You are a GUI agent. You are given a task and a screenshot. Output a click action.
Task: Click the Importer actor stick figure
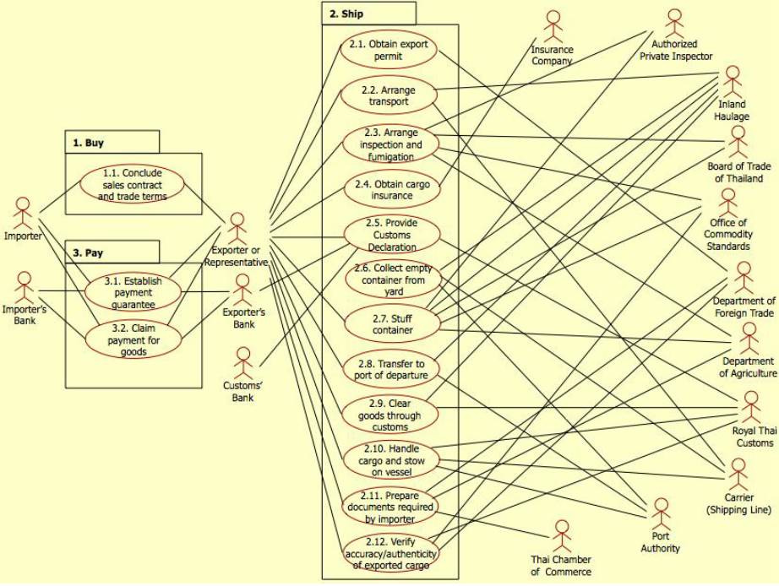coord(23,213)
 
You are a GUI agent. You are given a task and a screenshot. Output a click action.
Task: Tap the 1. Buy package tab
coord(112,142)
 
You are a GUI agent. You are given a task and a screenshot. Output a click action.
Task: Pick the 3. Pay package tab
coord(112,252)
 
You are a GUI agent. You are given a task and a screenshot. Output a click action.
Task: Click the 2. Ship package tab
coord(368,13)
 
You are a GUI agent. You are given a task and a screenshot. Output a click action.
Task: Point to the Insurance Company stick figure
coord(553,28)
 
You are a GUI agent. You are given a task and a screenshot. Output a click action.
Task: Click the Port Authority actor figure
coord(661,514)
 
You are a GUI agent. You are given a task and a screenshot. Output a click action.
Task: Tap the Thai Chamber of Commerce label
coord(560,566)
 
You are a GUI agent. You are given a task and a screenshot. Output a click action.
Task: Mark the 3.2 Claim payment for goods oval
coord(133,339)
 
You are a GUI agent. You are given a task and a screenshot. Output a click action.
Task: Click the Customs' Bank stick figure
coord(243,363)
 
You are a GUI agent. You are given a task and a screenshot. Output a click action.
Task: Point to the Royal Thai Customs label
coord(753,437)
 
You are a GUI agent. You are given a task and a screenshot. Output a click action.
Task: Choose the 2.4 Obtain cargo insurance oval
coord(390,190)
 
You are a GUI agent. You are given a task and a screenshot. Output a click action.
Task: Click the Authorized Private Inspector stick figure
coord(674,25)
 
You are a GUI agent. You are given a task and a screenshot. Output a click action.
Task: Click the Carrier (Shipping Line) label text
coord(738,504)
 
